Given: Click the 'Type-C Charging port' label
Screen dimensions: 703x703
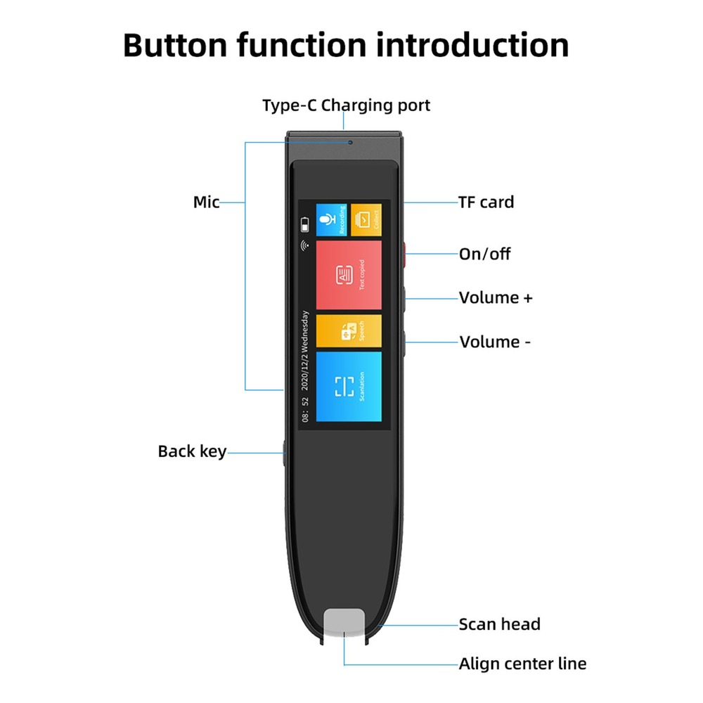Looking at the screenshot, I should (x=346, y=105).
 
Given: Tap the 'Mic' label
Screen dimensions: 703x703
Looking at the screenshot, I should (x=206, y=202).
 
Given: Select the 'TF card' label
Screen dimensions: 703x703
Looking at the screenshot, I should (x=486, y=202).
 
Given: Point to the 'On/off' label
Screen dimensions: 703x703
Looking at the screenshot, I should (x=484, y=254).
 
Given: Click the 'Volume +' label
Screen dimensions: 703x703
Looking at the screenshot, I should (x=496, y=297).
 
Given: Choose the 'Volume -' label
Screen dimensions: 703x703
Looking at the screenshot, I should (x=495, y=342).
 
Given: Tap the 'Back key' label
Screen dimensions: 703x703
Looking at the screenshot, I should (x=192, y=451).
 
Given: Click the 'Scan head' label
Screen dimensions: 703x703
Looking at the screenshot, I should (x=499, y=624).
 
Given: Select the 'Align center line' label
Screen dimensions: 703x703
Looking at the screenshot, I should (x=522, y=664).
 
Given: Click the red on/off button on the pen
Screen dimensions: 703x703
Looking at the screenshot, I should (x=406, y=255).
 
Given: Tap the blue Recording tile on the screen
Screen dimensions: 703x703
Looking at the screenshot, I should (x=330, y=220).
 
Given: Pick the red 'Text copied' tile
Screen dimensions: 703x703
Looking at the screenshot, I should (x=349, y=275).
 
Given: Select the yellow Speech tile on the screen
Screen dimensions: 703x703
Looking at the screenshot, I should (x=349, y=330).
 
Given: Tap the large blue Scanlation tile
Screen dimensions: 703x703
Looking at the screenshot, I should (x=349, y=387).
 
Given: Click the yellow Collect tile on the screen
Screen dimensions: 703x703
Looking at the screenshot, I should (x=366, y=220).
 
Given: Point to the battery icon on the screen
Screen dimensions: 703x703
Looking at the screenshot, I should (x=304, y=225).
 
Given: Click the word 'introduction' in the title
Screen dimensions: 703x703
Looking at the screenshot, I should (x=471, y=45).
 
